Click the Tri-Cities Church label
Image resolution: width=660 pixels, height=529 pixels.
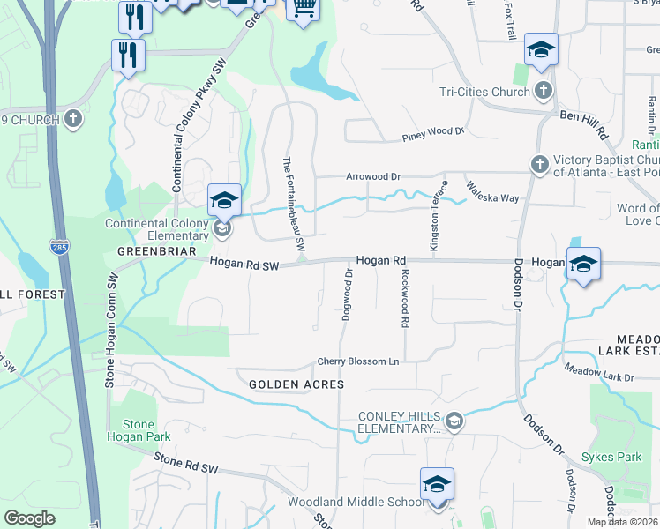[x=484, y=91]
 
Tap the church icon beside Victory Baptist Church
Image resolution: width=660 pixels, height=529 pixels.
[x=539, y=164]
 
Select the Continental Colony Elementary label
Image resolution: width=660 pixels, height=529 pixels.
[x=157, y=230]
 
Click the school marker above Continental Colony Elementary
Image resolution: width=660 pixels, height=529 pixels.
[x=224, y=200]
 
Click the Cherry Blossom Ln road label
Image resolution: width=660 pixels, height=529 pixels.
[x=358, y=362]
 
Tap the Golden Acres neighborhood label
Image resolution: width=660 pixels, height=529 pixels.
[x=296, y=384]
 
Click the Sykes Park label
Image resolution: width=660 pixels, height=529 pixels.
[x=611, y=458]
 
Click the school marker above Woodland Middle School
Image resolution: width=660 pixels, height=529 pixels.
[x=436, y=485]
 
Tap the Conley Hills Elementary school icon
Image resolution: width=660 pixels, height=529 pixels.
[x=454, y=421]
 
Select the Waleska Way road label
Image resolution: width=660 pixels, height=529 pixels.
[x=493, y=192]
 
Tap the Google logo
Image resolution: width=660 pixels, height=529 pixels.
[x=29, y=518]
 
